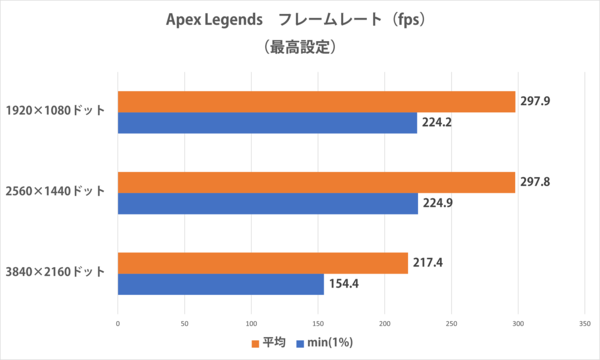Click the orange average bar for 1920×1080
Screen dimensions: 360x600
click(x=316, y=101)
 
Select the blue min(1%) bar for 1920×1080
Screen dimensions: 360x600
click(x=267, y=123)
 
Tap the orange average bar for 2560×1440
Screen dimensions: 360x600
click(x=316, y=182)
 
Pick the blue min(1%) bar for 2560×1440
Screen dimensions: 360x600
click(x=268, y=204)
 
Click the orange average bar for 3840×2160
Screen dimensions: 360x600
click(x=262, y=263)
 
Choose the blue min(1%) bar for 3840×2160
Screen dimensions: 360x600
click(x=220, y=285)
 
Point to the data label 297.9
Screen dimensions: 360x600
click(x=535, y=101)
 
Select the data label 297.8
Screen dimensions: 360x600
click(x=535, y=182)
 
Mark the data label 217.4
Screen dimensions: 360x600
click(x=428, y=263)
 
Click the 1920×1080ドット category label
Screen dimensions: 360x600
click(x=56, y=112)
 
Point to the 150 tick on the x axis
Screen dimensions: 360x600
click(x=318, y=323)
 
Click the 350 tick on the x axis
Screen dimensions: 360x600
click(x=584, y=323)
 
